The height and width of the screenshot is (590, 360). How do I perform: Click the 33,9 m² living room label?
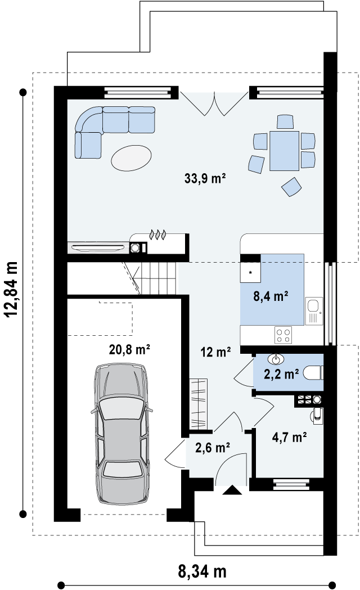click(x=205, y=178)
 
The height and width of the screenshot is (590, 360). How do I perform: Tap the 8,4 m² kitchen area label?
click(x=271, y=296)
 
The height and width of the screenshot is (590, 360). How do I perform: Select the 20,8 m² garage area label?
click(x=130, y=350)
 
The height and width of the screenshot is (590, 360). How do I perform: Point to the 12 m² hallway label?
click(x=215, y=352)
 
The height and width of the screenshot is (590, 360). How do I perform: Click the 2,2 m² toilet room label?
click(x=281, y=374)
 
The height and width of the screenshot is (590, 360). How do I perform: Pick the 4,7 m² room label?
click(x=289, y=437)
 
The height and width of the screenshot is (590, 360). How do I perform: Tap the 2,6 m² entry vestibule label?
click(x=213, y=447)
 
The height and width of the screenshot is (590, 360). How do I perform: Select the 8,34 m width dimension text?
click(x=202, y=571)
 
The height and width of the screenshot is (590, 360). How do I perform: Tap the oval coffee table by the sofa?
click(x=131, y=157)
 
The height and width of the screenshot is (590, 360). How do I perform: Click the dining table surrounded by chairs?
click(x=284, y=151)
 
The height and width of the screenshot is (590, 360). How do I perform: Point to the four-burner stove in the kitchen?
click(x=283, y=335)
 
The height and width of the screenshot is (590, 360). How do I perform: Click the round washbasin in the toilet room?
click(x=276, y=359)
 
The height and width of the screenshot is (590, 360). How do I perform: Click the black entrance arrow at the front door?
click(x=232, y=490)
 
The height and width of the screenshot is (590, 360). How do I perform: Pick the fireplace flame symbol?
click(x=157, y=235)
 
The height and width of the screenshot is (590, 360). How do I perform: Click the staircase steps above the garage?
click(x=159, y=278)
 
